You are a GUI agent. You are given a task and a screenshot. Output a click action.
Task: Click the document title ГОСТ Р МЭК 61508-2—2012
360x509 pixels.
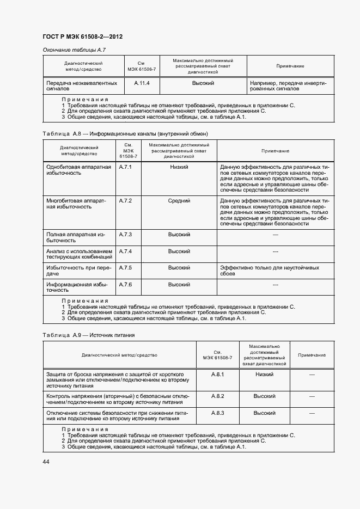click(82, 36)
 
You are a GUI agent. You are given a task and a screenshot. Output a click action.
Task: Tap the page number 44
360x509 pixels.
click(46, 462)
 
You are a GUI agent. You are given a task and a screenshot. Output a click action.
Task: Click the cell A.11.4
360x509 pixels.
click(142, 83)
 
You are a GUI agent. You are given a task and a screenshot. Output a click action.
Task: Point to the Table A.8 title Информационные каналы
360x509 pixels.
click(125, 133)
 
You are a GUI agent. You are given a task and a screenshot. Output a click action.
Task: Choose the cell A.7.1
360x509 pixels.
click(126, 167)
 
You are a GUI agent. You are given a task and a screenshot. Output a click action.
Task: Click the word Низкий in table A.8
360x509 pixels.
click(179, 167)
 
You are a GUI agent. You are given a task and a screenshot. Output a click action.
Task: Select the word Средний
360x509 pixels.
click(179, 201)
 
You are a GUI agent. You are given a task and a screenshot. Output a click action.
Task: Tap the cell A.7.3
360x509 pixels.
click(126, 234)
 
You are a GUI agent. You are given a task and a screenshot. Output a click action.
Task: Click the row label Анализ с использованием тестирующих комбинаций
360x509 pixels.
click(79, 254)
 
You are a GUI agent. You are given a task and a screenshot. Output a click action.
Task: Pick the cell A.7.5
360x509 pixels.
click(126, 268)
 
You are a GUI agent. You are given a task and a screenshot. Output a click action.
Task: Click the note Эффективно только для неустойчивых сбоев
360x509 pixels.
click(270, 271)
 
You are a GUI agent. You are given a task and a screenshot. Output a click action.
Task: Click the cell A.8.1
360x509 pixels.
click(218, 375)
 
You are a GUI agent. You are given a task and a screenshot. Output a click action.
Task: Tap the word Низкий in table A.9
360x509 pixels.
click(264, 375)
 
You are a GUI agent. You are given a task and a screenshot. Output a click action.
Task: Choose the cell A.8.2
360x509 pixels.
click(218, 396)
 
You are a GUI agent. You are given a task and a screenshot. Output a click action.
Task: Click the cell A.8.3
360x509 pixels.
click(218, 413)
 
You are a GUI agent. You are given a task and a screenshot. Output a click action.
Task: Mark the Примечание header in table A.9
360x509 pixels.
click(312, 355)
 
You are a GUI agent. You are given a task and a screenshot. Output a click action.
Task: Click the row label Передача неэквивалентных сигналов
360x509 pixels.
click(82, 86)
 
